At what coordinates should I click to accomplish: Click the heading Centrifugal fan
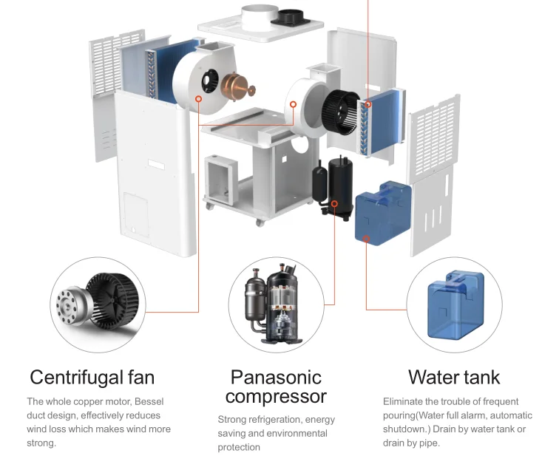point(92,377)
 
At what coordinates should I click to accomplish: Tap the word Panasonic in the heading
point(276,377)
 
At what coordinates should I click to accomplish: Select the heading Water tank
point(454,377)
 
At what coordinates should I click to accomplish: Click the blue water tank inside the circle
point(456,304)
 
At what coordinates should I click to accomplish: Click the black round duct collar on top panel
point(290,18)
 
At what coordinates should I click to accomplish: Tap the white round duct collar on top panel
point(260,17)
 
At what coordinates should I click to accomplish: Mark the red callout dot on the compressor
point(334,203)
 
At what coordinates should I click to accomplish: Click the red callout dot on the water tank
point(366,239)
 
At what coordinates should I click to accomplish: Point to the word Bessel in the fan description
point(149,401)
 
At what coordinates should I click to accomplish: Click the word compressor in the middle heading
point(276,397)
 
